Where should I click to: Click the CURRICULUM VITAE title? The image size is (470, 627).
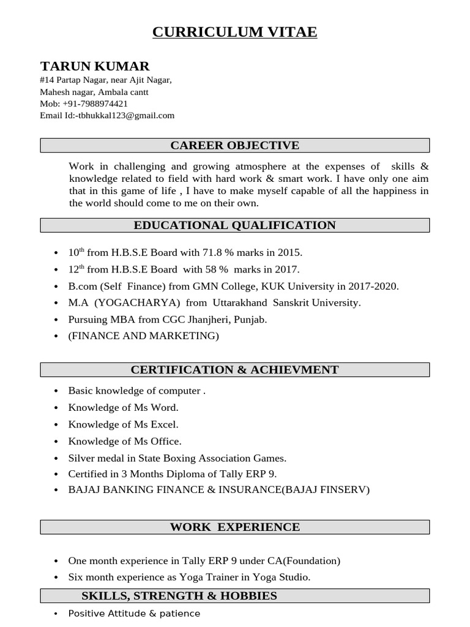click(234, 32)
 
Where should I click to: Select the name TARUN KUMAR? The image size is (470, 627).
click(94, 66)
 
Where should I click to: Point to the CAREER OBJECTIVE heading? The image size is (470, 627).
click(234, 145)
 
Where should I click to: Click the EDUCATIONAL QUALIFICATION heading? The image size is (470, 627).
click(234, 225)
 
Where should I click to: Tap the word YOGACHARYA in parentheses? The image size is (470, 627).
click(138, 302)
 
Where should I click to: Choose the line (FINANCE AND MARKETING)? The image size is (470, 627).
click(143, 336)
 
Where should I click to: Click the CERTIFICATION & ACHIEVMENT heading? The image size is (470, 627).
click(234, 370)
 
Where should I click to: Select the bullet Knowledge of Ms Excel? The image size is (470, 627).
click(123, 424)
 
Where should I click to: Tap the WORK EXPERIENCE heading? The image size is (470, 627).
click(234, 527)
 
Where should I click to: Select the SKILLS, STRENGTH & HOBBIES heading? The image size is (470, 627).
click(179, 596)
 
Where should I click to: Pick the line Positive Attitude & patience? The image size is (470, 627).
click(134, 614)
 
